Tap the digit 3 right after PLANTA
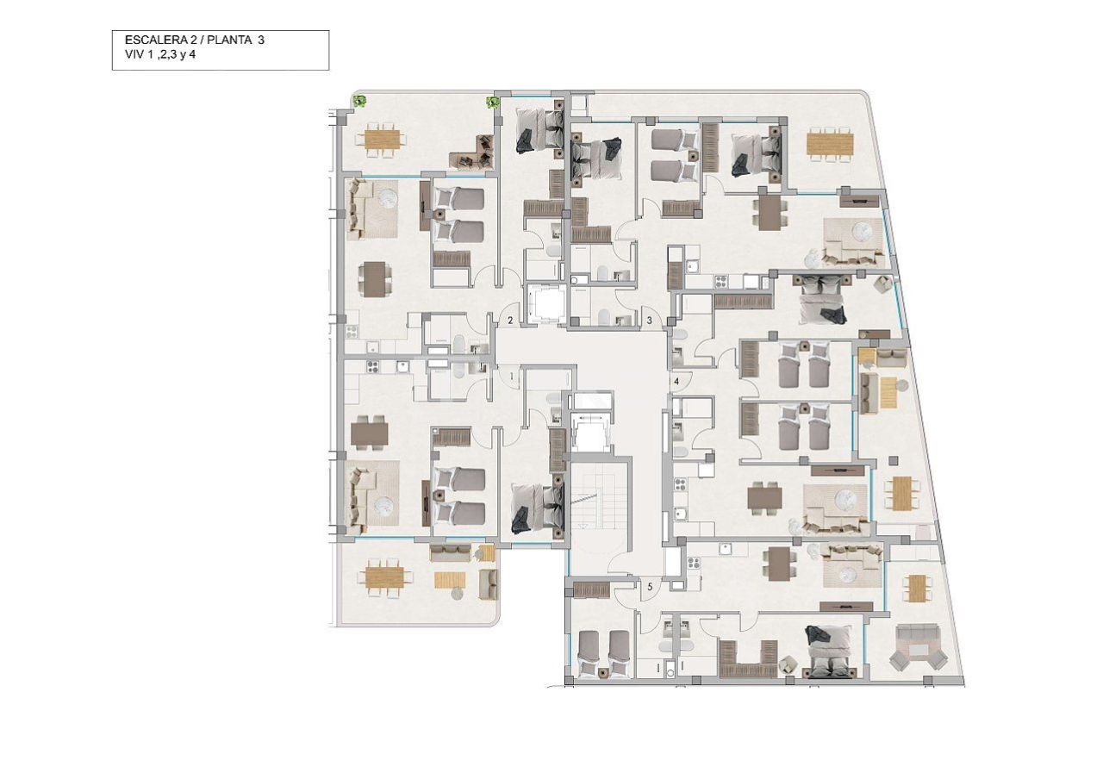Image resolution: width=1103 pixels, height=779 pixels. (x=260, y=40)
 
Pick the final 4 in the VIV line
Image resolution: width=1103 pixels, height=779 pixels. (x=205, y=54)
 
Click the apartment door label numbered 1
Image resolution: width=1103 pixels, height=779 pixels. (x=511, y=377)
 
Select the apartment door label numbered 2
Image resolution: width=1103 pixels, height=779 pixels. (x=510, y=321)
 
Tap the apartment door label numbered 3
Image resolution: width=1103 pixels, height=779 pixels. (x=649, y=321)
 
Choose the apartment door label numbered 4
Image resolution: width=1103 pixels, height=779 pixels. (x=676, y=381)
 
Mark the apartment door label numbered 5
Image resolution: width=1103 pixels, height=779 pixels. (x=650, y=587)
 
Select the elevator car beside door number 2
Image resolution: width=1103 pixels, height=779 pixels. (x=545, y=303)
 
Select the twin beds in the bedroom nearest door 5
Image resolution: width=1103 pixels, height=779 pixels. (x=604, y=651)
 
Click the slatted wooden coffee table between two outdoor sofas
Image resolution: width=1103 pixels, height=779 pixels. (x=449, y=580)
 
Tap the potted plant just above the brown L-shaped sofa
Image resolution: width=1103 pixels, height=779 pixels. (x=493, y=103)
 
